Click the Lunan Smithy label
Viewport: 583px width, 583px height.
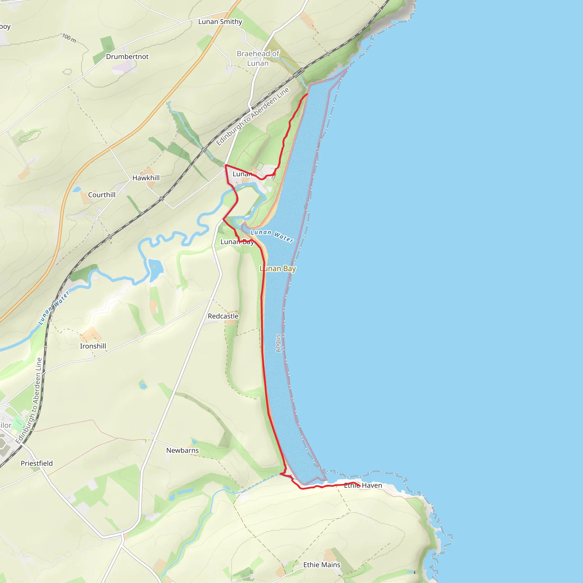pos(220,22)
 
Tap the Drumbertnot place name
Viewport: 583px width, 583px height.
pos(127,57)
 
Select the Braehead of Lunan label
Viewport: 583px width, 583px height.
pos(258,58)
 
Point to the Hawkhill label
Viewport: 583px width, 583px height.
pos(146,178)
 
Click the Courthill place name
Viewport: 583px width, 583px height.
pos(102,195)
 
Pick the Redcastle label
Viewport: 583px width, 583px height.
pos(223,316)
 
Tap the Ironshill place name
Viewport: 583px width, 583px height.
pos(93,346)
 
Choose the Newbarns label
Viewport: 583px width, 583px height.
pos(182,451)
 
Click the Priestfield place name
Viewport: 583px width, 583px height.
pos(36,463)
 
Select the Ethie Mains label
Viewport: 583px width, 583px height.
pos(322,565)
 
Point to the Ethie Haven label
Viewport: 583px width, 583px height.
pos(363,486)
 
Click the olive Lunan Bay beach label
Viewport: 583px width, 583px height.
pos(278,268)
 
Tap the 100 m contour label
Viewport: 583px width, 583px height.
pos(69,38)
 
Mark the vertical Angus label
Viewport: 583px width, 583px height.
pos(278,343)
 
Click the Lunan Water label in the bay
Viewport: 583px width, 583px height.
pos(272,236)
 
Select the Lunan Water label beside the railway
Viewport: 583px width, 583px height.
pos(54,308)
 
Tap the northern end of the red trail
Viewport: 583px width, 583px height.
pos(307,94)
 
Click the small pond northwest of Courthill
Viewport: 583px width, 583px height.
pos(77,190)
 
